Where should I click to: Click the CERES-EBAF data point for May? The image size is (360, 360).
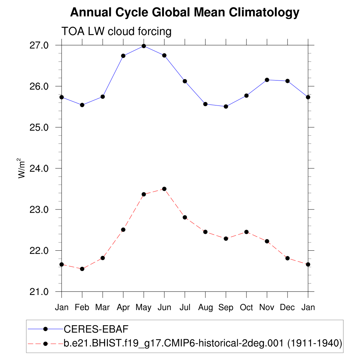144,46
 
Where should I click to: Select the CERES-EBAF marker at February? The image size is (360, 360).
82,105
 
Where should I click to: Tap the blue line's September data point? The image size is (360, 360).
226,107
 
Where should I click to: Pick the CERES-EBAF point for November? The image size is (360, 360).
267,80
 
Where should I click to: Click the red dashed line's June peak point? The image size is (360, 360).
164,189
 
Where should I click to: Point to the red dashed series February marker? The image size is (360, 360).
82,269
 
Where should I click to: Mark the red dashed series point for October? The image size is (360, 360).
246,232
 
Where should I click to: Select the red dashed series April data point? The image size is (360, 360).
123,230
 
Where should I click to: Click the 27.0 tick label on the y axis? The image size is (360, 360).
39,45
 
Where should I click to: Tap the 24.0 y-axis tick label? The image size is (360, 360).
39,168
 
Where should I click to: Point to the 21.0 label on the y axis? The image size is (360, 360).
39,292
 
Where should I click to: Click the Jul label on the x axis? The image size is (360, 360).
185,307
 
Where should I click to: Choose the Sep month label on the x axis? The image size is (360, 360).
226,307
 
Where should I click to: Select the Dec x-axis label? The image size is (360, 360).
288,307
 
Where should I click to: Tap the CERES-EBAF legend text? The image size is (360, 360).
96,329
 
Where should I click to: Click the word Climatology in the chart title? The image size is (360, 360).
264,13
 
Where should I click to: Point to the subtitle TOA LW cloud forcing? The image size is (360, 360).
116,31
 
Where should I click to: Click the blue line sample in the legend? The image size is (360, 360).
45,329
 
